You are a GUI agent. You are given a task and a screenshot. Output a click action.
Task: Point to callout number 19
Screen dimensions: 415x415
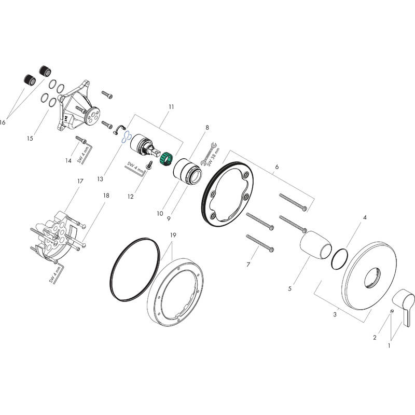(173, 236)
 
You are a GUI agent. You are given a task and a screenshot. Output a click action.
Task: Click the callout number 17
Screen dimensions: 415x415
(80, 181)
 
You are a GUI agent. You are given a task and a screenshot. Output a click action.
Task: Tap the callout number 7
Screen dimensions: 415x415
(248, 265)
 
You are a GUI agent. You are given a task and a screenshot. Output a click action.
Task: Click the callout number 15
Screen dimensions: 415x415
(30, 139)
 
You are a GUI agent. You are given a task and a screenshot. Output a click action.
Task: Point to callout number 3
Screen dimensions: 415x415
(335, 314)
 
